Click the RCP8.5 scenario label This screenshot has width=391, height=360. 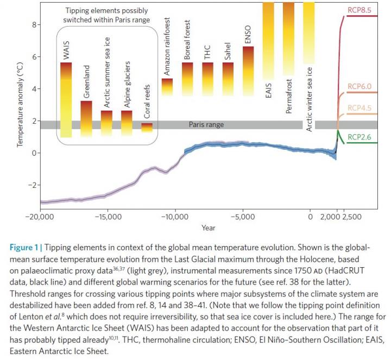pyautogui.click(x=358, y=10)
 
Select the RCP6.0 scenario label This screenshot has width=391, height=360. pyautogui.click(x=358, y=86)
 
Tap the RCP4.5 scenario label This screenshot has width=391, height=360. pyautogui.click(x=358, y=108)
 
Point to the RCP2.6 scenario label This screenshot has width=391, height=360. pyautogui.click(x=358, y=137)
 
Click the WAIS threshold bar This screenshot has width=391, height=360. pyautogui.click(x=66, y=100)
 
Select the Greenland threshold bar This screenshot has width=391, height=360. pyautogui.click(x=86, y=119)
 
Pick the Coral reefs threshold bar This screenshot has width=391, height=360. pyautogui.click(x=147, y=127)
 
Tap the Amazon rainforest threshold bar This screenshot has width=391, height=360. pyautogui.click(x=167, y=87)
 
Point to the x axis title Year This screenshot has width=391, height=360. pyautogui.click(x=208, y=228)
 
